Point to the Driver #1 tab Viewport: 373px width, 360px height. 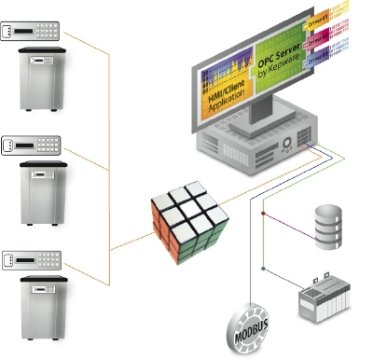pos(343,20)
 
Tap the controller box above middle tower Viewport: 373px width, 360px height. pos(31,145)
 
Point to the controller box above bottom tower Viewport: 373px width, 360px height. pos(31,256)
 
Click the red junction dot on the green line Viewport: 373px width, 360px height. pos(264,216)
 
